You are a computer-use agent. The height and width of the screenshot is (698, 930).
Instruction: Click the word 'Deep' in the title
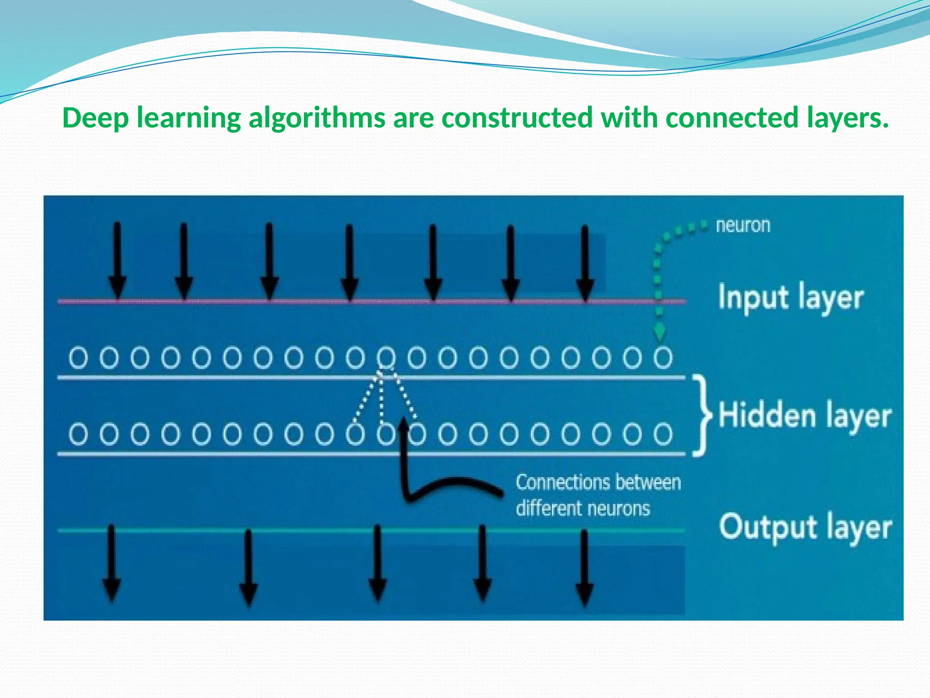point(95,118)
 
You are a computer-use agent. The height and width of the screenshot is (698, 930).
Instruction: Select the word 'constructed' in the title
point(517,118)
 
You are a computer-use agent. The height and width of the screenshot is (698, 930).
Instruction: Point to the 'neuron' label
point(743,226)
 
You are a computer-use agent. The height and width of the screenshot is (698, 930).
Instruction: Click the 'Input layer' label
point(791,298)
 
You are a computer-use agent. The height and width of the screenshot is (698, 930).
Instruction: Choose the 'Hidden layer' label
point(805,415)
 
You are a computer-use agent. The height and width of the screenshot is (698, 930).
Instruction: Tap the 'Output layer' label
point(805,528)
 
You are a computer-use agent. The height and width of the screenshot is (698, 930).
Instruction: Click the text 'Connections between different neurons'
point(598,495)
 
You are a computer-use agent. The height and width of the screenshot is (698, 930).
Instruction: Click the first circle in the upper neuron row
point(78,358)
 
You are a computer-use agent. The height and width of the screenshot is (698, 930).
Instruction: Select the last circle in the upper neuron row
point(663,358)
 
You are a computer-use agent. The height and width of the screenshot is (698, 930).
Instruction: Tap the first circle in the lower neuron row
point(78,434)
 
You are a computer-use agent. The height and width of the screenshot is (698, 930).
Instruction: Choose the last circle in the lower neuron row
point(663,434)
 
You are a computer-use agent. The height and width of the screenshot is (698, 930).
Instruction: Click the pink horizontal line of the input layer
point(318,301)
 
